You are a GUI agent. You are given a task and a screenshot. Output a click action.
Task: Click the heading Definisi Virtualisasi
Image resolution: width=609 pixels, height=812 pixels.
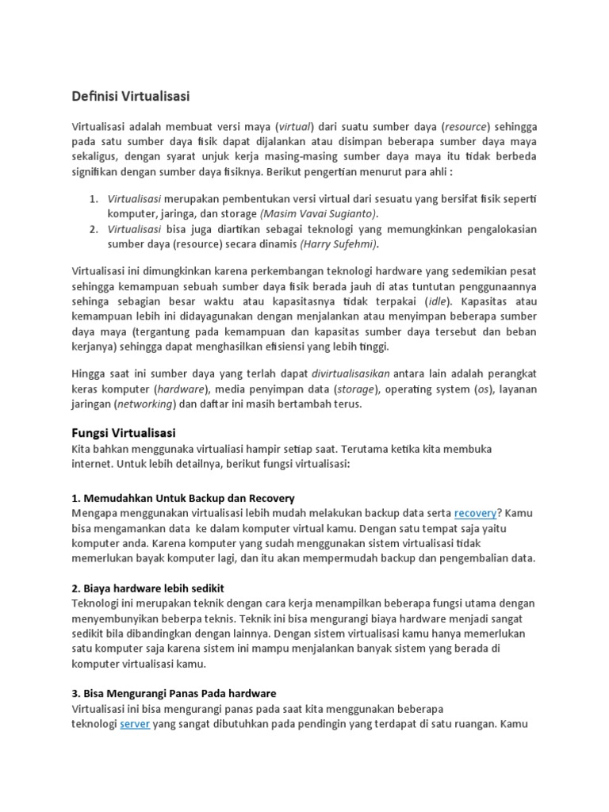coord(131,96)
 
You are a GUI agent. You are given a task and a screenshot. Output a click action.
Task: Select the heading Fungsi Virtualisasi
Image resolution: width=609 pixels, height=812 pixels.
coord(124,432)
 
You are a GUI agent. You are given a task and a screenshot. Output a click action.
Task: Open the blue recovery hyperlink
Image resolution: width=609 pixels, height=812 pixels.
coord(475,513)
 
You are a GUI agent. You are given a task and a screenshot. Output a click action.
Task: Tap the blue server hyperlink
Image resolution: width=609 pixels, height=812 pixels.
coord(135,724)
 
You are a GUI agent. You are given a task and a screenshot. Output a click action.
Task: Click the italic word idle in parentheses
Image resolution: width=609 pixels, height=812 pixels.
coord(435,301)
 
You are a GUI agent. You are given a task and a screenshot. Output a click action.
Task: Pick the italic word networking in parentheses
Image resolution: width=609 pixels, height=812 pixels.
coord(145,404)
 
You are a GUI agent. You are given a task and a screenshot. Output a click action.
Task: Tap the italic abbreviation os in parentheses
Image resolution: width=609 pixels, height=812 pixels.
coord(481,389)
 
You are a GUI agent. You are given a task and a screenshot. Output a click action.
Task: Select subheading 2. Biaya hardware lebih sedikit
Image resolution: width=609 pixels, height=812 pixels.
coord(148,588)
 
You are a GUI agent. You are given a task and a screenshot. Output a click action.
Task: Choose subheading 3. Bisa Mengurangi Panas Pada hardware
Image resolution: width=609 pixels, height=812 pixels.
coord(174,693)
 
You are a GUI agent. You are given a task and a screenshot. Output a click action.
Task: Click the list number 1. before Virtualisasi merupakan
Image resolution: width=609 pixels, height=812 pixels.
coord(93,198)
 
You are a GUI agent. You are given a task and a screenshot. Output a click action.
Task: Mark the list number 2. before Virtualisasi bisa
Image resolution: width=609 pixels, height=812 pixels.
coord(93,229)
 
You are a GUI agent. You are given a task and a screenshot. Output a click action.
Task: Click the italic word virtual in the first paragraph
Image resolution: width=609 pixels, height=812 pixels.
coord(294,127)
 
